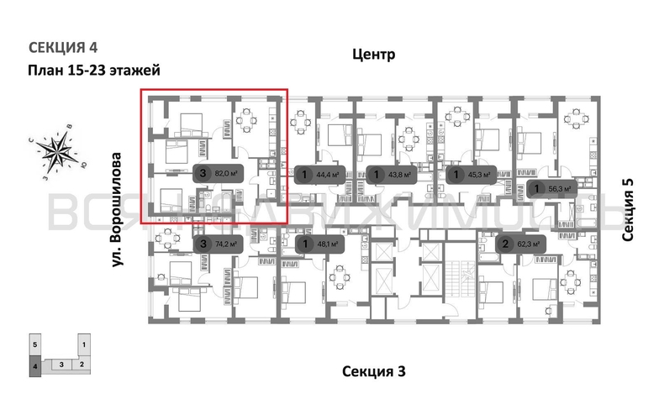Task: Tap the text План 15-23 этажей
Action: point(93,71)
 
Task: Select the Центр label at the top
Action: point(370,55)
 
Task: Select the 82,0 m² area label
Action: point(224,174)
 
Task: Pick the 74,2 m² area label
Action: point(224,244)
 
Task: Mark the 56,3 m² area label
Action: point(558,190)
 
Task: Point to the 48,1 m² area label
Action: point(327,244)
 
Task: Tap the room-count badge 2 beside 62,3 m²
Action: point(505,244)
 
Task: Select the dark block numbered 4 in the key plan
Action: point(34,366)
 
